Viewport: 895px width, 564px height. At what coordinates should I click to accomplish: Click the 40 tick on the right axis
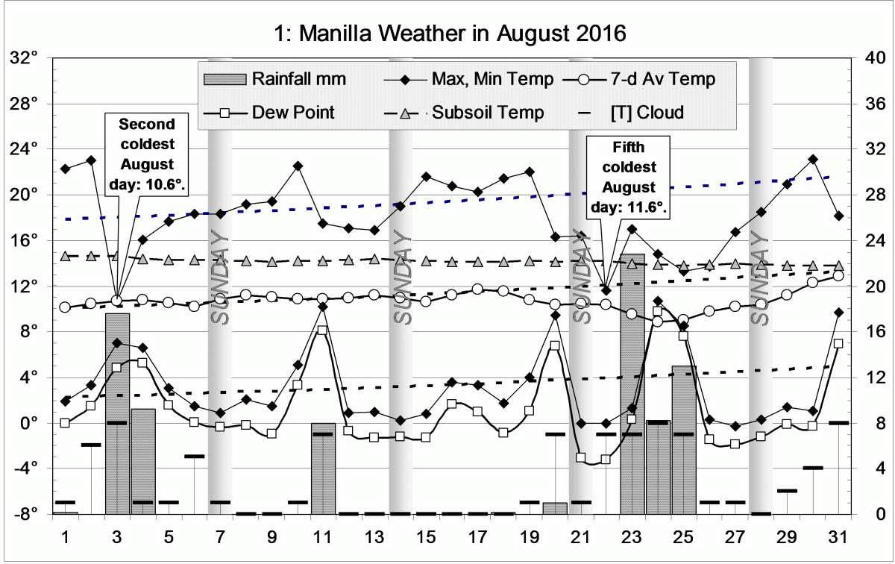pyautogui.click(x=870, y=58)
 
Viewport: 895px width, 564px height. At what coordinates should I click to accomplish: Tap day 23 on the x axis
pyautogui.click(x=632, y=537)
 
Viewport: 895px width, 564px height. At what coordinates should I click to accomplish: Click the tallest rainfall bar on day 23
pyautogui.click(x=632, y=373)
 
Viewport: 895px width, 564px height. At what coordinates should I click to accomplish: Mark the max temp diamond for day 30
pyautogui.click(x=813, y=160)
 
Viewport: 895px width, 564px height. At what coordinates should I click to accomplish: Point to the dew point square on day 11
pyautogui.click(x=322, y=330)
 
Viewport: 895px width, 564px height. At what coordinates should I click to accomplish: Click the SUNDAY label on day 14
pyautogui.click(x=401, y=276)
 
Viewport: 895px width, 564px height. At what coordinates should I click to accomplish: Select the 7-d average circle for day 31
pyautogui.click(x=838, y=276)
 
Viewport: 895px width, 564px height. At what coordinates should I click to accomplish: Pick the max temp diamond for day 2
pyautogui.click(x=91, y=160)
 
